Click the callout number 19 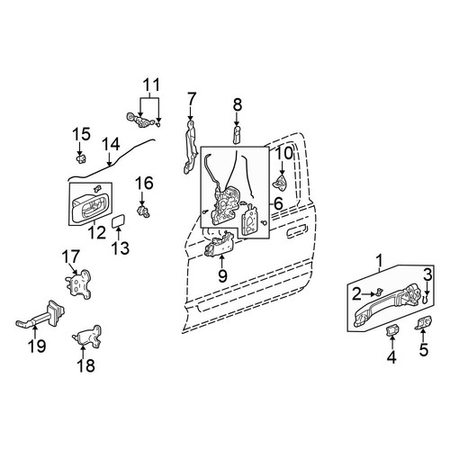37,346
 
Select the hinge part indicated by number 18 87,337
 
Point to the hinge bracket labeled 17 78,283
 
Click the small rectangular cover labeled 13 119,221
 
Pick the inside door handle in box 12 88,208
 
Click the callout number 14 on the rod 111,144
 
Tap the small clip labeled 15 80,158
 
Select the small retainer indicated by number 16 143,211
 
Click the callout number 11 151,85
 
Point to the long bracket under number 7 190,147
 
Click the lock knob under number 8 237,135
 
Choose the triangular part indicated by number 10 281,183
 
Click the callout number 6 278,204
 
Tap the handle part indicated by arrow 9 219,243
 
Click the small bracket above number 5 424,323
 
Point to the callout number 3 427,274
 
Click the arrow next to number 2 369,294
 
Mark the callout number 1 380,261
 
